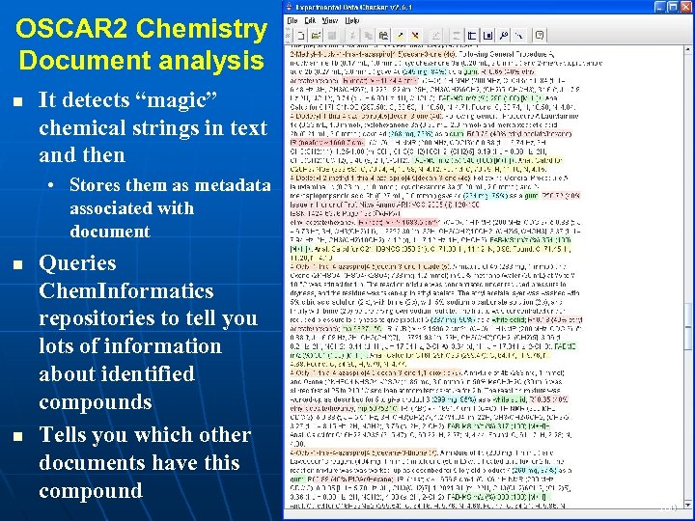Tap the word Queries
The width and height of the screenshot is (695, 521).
77,263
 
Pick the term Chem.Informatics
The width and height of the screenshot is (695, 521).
126,290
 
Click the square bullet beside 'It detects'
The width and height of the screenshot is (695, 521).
19,100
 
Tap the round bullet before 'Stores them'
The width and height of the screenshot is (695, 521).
58,185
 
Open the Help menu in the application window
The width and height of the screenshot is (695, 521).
350,20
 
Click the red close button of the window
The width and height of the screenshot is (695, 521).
686,7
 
